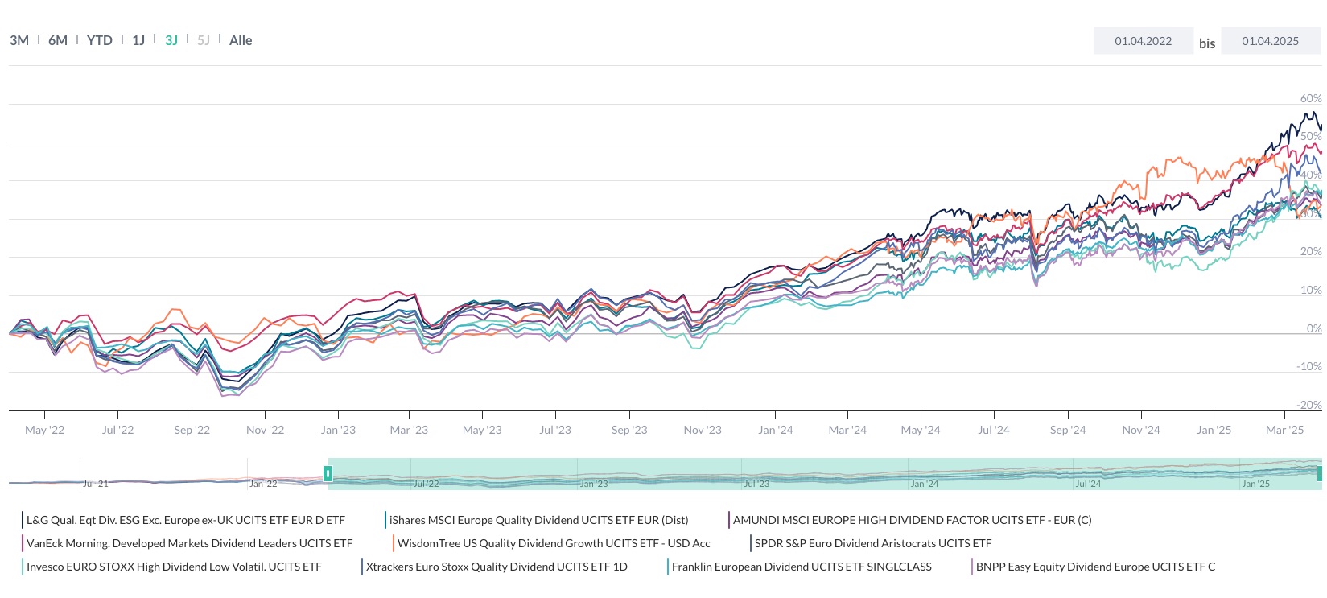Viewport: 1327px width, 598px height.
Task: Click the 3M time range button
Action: (x=19, y=40)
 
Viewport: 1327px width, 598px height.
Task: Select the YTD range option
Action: (x=100, y=40)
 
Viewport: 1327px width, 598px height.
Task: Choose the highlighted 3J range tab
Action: (x=171, y=40)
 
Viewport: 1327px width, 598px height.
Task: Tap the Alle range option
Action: (x=241, y=40)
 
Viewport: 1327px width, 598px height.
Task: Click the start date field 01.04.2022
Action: (x=1143, y=41)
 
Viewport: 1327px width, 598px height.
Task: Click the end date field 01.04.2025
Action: (x=1270, y=41)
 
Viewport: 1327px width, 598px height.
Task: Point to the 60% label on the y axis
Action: (x=1311, y=98)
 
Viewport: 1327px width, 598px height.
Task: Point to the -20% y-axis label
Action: (x=1309, y=405)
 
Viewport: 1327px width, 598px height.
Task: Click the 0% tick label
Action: (x=1314, y=328)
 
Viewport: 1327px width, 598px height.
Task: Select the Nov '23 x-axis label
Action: (x=703, y=430)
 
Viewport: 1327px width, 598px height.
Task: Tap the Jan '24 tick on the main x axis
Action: (x=775, y=430)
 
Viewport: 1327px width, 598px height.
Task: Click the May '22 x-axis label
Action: (x=44, y=430)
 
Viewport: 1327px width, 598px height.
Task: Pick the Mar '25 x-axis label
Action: (x=1284, y=430)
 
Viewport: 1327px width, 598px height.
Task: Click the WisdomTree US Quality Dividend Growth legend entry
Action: (x=554, y=543)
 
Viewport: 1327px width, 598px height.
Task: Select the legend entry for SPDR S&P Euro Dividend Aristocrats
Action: (x=872, y=543)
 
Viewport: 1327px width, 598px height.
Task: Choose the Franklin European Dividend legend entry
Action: (x=802, y=567)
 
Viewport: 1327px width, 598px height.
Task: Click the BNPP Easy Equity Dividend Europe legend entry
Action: (x=1095, y=567)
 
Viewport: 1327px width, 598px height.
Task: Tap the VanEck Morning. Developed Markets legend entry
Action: (x=189, y=543)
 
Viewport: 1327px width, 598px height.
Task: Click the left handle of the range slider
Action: (x=328, y=473)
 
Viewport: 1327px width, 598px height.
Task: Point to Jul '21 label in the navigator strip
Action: (x=95, y=484)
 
